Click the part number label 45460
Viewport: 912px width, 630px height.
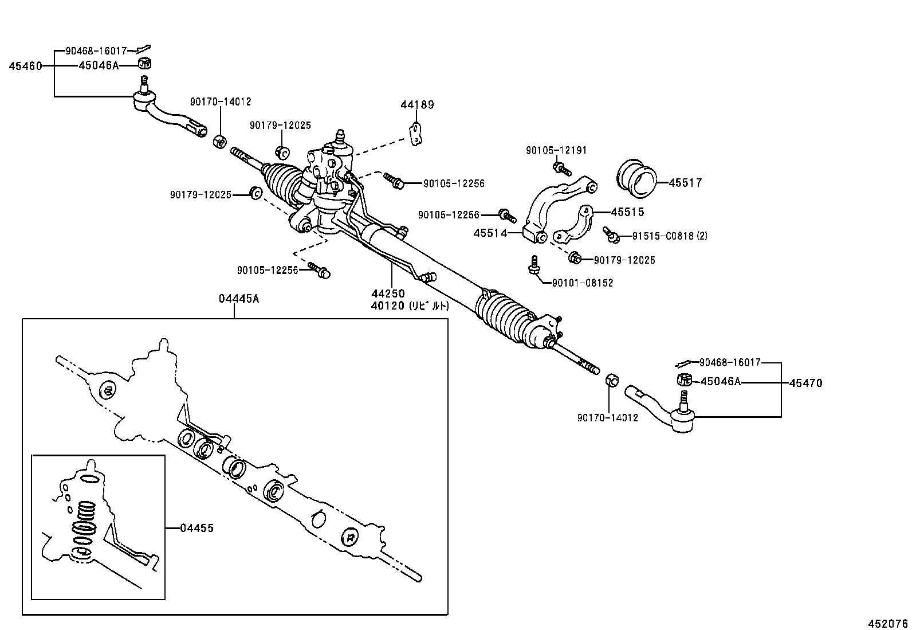click(x=25, y=66)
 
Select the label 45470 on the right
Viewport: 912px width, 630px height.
click(x=805, y=383)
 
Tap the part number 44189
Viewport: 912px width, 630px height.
click(x=417, y=104)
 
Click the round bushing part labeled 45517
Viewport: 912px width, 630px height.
click(x=637, y=175)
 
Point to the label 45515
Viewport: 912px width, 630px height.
click(x=627, y=212)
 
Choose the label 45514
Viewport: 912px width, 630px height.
click(x=490, y=233)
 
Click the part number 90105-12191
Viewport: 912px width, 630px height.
click(x=556, y=150)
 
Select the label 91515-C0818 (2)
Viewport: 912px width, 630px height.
click(x=670, y=236)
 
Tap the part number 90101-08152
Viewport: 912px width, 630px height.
click(x=583, y=283)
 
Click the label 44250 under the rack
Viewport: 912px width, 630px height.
click(x=387, y=294)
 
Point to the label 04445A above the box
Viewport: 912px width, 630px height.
click(x=239, y=298)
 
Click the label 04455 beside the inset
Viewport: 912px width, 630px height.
click(x=196, y=528)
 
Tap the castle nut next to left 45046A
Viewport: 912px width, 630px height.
click(x=144, y=62)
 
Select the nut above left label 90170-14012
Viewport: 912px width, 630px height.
click(x=219, y=140)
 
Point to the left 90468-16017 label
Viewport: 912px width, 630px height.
click(x=96, y=51)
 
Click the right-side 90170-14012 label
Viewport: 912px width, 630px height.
click(x=607, y=418)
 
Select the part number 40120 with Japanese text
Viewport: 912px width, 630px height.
click(x=410, y=306)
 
